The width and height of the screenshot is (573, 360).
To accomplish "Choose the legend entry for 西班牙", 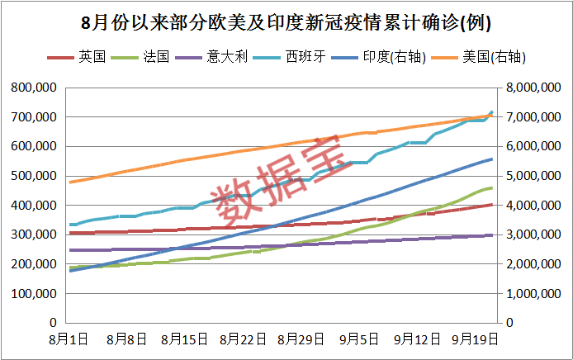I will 298,57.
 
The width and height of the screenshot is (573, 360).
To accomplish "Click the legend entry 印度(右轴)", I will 388,57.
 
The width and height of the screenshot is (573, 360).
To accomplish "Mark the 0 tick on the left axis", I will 52,323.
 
